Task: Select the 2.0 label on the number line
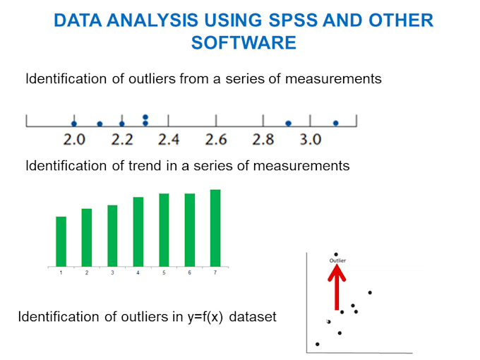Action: (74, 139)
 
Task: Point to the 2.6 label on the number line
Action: (216, 139)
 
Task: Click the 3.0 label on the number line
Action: (311, 139)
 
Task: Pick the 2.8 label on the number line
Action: (263, 139)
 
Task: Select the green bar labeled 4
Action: (138, 232)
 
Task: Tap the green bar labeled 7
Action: (215, 228)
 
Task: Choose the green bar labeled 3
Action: (112, 236)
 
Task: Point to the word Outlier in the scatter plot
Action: (337, 260)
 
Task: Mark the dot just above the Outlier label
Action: (336, 254)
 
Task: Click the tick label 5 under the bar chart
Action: (164, 272)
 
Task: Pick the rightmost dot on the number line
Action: (336, 124)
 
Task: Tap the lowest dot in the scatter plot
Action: (318, 344)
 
